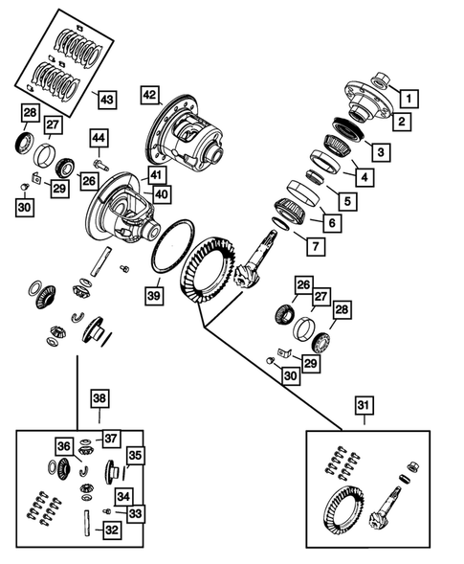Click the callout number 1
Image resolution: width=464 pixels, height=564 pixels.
[409, 96]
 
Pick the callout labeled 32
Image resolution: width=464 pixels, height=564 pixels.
[112, 529]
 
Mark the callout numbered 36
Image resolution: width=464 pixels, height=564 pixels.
[62, 446]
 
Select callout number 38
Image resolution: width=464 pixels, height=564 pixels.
[100, 398]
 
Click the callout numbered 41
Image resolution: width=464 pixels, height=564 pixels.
[156, 174]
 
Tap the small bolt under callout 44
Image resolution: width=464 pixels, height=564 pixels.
[102, 166]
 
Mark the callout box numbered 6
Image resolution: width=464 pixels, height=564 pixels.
[332, 224]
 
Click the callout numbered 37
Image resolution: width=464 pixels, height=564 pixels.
[112, 439]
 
